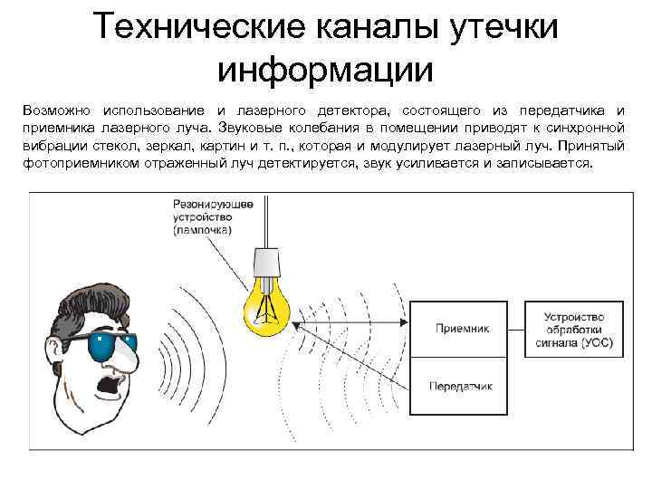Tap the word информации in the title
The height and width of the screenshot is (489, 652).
326,68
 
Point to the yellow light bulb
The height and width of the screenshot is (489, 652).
268,303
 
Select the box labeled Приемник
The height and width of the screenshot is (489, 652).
462,330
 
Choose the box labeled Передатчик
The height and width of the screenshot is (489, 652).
462,387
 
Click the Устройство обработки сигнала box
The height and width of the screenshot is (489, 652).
573,331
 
